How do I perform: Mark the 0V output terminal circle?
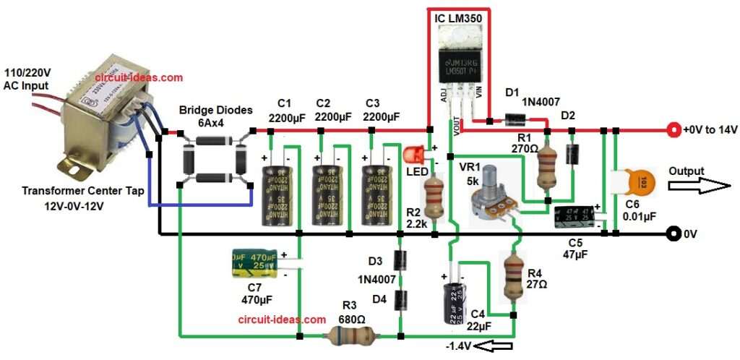pos(674,234)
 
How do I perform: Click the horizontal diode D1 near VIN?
pos(514,120)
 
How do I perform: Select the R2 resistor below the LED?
pos(434,198)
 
